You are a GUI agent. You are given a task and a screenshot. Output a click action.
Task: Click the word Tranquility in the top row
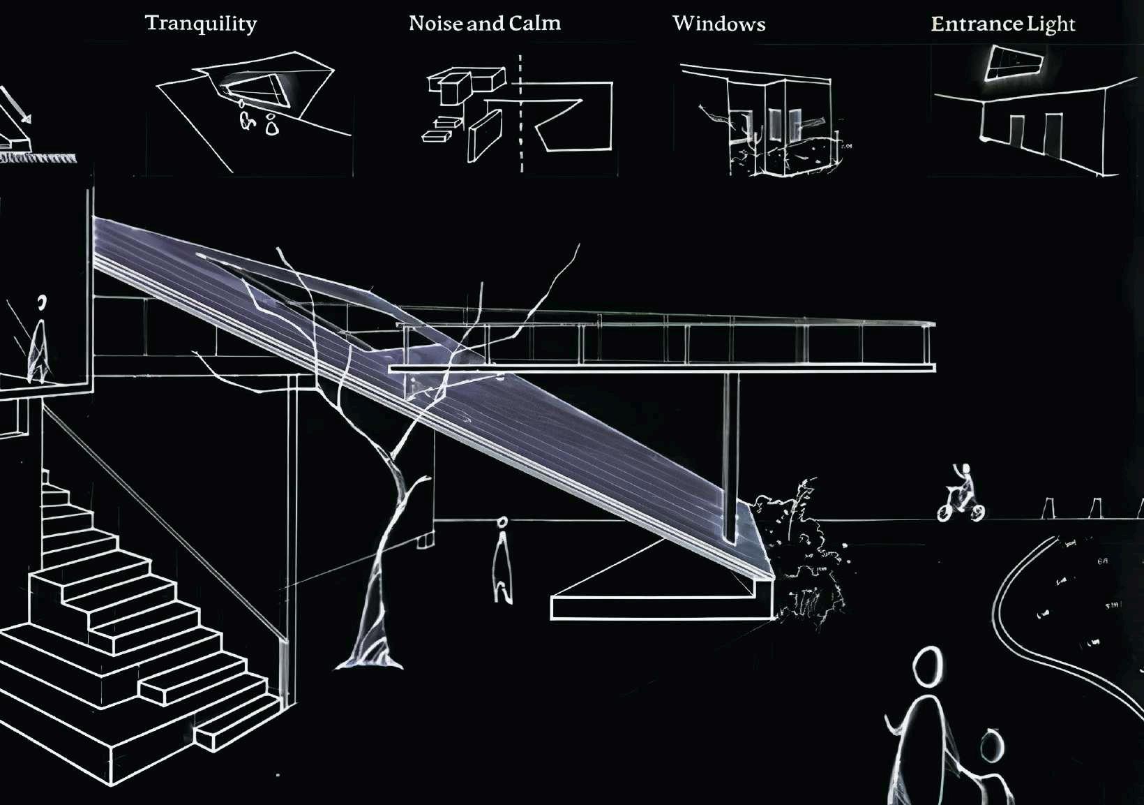(x=201, y=24)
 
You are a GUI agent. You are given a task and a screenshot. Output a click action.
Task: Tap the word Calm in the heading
(x=535, y=24)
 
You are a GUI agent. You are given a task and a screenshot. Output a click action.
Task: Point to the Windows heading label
(x=719, y=24)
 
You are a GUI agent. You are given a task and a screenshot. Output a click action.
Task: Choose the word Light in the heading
(x=1051, y=24)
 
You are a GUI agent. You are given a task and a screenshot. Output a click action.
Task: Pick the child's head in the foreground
(x=991, y=746)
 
